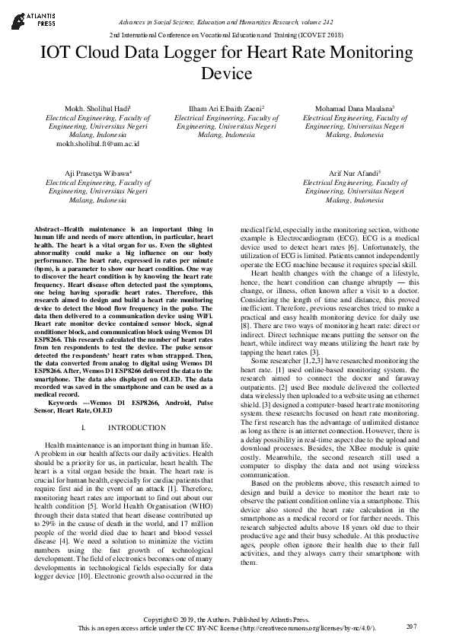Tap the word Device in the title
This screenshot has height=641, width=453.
tap(226, 75)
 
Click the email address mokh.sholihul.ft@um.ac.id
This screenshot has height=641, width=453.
tap(97, 143)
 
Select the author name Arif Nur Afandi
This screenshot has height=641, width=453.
tap(354, 174)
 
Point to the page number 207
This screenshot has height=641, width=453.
tap(412, 627)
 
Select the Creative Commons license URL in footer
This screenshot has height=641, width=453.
tap(303, 628)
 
